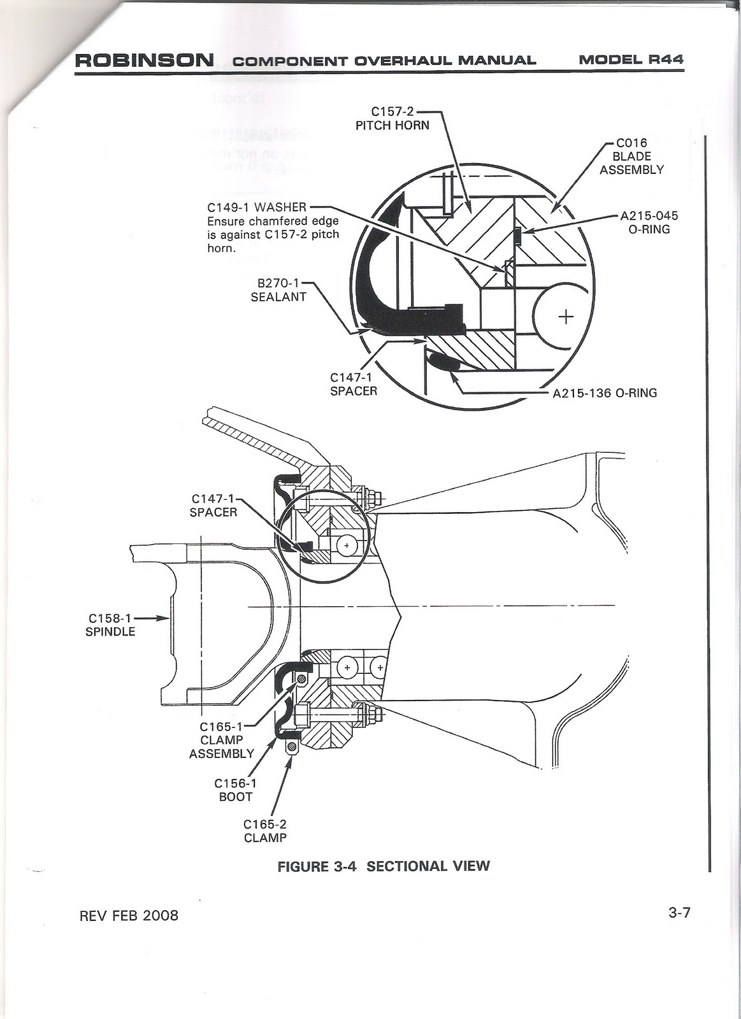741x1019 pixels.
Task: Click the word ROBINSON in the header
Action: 143,61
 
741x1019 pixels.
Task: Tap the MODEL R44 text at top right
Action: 631,60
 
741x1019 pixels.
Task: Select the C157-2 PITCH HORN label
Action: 392,119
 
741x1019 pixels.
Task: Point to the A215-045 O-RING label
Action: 649,222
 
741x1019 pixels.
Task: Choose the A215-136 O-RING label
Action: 604,393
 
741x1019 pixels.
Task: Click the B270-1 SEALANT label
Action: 278,290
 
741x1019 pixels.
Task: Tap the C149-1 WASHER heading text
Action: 257,208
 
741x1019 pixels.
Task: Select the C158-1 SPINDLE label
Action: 110,625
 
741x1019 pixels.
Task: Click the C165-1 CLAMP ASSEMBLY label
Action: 222,740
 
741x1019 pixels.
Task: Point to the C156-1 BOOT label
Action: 235,790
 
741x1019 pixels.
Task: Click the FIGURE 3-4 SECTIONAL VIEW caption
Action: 384,866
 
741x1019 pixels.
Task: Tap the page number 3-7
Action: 679,913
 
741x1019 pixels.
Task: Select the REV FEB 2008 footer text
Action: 129,916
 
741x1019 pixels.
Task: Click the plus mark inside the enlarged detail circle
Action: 566,317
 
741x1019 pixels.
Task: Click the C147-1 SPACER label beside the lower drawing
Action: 213,506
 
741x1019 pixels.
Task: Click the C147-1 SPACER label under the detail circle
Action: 354,384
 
